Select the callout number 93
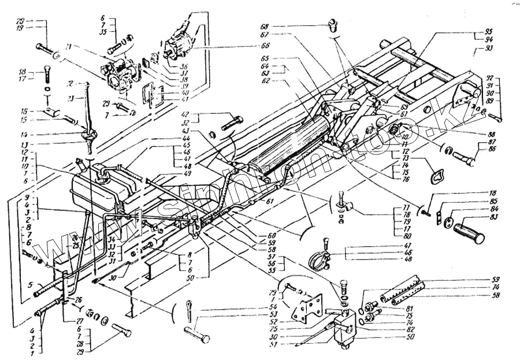click(488, 49)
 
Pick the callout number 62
click(282, 81)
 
